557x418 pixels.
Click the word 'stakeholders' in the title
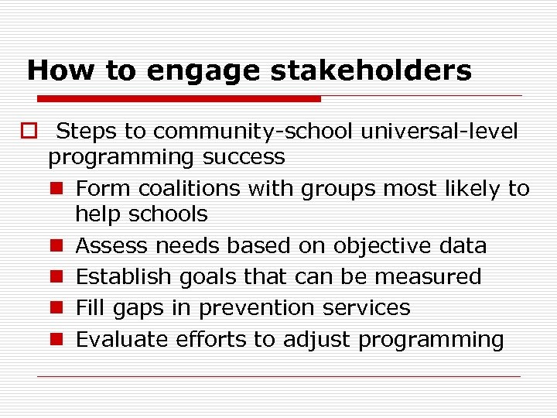pos(371,71)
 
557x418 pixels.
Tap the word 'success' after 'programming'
pos(244,157)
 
